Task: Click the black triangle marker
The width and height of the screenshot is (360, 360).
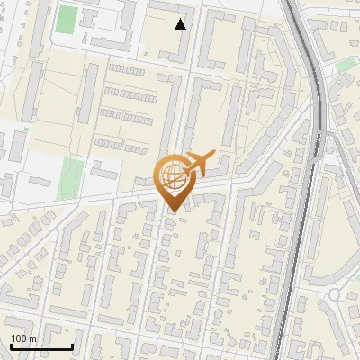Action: pos(181,24)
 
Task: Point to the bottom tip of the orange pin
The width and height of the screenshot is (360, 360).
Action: pos(172,211)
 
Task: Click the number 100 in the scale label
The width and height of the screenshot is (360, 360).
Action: pos(19,338)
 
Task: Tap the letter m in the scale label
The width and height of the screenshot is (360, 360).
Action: pos(33,338)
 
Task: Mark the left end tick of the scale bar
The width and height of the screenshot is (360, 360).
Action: pos(11,346)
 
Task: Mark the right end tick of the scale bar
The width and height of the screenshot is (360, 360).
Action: pos(72,346)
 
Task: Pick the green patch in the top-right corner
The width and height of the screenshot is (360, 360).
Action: pos(346,65)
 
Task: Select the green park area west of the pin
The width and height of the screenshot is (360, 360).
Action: pos(71,178)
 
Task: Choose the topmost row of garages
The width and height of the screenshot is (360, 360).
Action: pos(126,70)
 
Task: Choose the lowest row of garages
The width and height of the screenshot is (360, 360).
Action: pos(121,145)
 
